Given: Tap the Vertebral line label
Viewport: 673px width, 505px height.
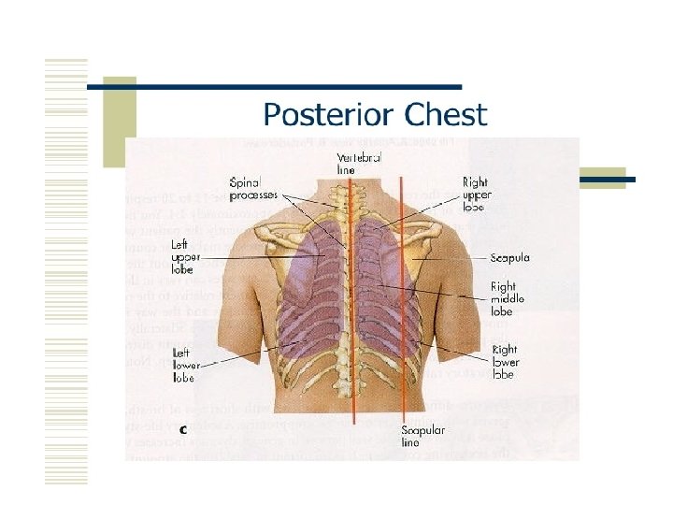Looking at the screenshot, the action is tap(359, 165).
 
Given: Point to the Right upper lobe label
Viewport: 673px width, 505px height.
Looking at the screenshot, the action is tap(476, 194).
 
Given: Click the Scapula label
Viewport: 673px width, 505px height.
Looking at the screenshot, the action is tap(510, 257).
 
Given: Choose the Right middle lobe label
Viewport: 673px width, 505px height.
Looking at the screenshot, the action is tap(508, 299).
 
